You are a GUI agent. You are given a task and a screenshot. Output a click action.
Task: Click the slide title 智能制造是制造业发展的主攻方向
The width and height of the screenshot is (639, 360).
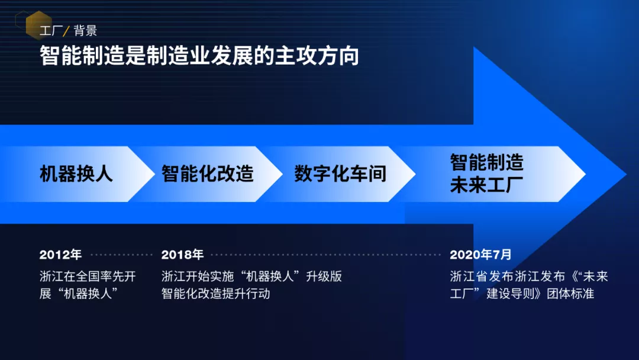[199, 56]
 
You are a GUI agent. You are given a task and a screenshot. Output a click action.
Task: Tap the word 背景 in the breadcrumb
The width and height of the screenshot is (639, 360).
[85, 31]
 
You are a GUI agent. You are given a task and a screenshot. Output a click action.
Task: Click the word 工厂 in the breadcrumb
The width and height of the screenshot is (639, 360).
[51, 31]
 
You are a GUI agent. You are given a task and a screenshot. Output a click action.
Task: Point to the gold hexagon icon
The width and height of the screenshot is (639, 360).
[38, 25]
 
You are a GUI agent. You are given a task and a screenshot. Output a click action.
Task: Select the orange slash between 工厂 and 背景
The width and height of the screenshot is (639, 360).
[66, 31]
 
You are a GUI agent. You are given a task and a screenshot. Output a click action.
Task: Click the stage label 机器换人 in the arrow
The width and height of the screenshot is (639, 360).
[76, 173]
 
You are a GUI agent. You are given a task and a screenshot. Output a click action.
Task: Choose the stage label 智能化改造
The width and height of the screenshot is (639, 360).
[208, 173]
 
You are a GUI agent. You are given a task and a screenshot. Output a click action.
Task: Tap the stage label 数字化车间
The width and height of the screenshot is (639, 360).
[340, 173]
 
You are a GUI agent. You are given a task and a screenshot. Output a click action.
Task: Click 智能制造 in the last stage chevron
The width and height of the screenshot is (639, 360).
[486, 162]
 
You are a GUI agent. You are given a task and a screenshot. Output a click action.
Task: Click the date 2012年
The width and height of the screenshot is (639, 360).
[60, 255]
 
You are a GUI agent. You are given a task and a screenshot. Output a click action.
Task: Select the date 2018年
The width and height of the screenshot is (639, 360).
[182, 255]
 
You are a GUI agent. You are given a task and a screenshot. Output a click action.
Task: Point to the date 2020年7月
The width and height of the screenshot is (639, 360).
[480, 255]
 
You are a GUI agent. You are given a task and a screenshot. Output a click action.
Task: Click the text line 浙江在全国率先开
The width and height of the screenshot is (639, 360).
[88, 277]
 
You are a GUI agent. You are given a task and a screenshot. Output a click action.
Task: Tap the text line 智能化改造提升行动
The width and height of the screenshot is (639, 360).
[215, 294]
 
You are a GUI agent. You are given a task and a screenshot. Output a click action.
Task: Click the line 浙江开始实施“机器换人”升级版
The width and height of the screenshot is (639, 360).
[251, 277]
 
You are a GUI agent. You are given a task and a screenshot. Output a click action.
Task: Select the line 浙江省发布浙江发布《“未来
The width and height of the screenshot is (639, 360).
[529, 277]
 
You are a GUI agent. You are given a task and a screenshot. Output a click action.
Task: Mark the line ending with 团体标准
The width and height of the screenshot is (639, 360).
[522, 294]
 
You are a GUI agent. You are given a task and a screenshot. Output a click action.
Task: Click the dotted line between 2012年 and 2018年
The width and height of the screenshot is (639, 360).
[121, 255]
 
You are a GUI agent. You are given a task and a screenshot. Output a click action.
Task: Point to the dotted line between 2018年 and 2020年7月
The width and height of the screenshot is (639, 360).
[326, 255]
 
